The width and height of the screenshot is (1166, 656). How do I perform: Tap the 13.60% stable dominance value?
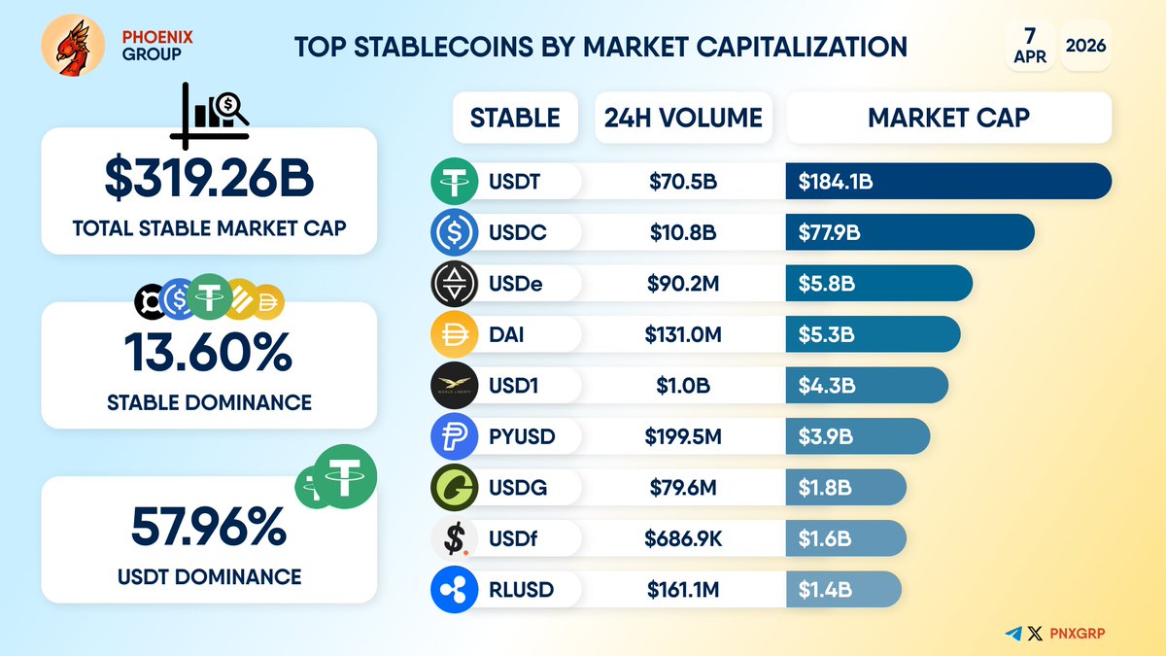point(208,353)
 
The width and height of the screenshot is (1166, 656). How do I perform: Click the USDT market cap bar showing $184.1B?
point(947,181)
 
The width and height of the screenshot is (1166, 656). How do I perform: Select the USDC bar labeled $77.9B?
point(909,232)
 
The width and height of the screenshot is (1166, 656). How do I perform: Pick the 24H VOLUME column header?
point(683,119)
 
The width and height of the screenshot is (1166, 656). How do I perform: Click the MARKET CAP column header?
point(948,119)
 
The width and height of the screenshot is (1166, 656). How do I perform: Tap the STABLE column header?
point(515,119)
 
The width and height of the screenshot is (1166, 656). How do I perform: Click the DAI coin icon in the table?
point(454,335)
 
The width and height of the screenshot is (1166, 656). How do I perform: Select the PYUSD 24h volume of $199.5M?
point(683,437)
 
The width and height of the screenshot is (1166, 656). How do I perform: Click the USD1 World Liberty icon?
point(454,386)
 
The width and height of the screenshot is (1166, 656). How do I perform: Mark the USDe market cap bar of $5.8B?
point(878,284)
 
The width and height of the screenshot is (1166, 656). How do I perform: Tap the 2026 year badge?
point(1086,45)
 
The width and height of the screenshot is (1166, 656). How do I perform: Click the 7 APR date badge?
point(1029,45)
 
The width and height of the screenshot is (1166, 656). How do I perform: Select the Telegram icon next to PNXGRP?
point(1014,634)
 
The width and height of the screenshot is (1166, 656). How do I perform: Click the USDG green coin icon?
point(454,488)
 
